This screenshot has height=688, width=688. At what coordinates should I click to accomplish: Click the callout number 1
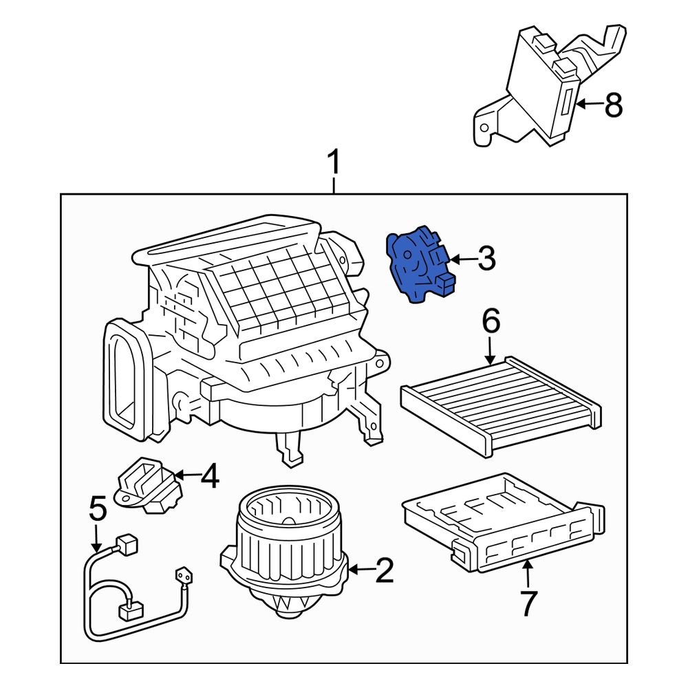click(334, 162)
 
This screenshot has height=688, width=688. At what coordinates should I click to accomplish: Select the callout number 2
click(385, 570)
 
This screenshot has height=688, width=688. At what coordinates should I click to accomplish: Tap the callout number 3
click(486, 259)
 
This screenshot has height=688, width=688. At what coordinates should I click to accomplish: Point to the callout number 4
click(210, 476)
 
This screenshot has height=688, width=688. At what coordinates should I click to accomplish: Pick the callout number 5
click(98, 508)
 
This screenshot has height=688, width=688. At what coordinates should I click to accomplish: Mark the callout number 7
click(528, 603)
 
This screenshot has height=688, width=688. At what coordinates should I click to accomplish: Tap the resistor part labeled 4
click(148, 485)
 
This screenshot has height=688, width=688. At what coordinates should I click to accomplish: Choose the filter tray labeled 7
click(504, 522)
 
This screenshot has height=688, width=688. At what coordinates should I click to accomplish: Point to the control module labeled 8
click(549, 85)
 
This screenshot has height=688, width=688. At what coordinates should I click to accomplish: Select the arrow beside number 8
click(590, 105)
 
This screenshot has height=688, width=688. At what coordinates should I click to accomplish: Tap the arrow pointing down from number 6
click(491, 350)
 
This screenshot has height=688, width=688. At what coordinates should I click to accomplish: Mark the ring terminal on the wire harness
click(184, 576)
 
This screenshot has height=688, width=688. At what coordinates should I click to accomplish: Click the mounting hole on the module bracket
click(484, 128)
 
